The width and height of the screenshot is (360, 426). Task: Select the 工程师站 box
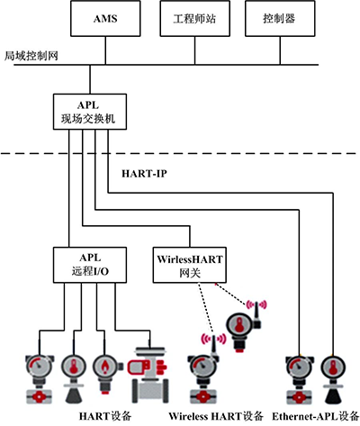(188, 19)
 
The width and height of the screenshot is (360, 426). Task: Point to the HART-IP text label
(143, 171)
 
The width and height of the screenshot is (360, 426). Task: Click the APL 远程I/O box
(80, 263)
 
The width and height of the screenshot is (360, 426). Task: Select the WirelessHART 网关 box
(188, 263)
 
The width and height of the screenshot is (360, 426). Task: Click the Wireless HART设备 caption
(216, 415)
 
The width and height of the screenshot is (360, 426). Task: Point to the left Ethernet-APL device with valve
(295, 378)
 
